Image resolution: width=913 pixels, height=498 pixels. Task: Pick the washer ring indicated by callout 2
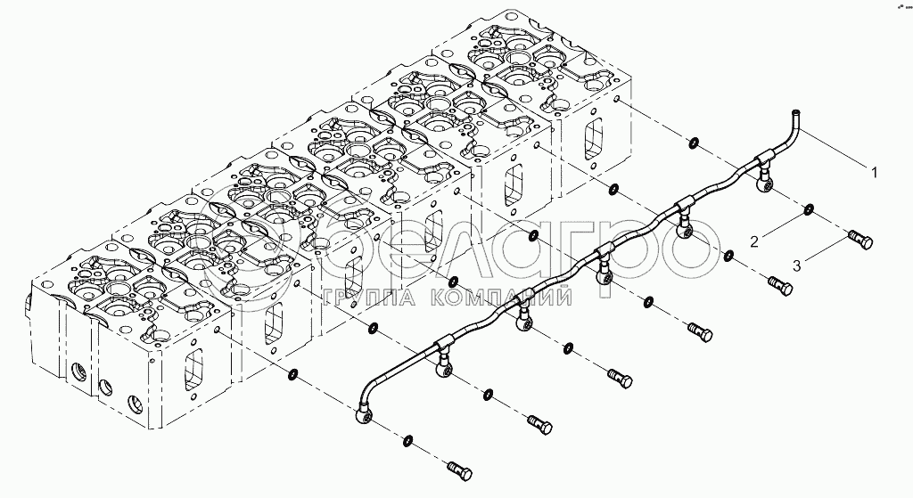tap(808, 210)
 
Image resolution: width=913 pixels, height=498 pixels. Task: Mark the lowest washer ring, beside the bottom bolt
tap(407, 441)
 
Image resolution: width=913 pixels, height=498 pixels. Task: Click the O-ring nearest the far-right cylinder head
tap(692, 143)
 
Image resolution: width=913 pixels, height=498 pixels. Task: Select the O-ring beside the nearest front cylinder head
tap(293, 374)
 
